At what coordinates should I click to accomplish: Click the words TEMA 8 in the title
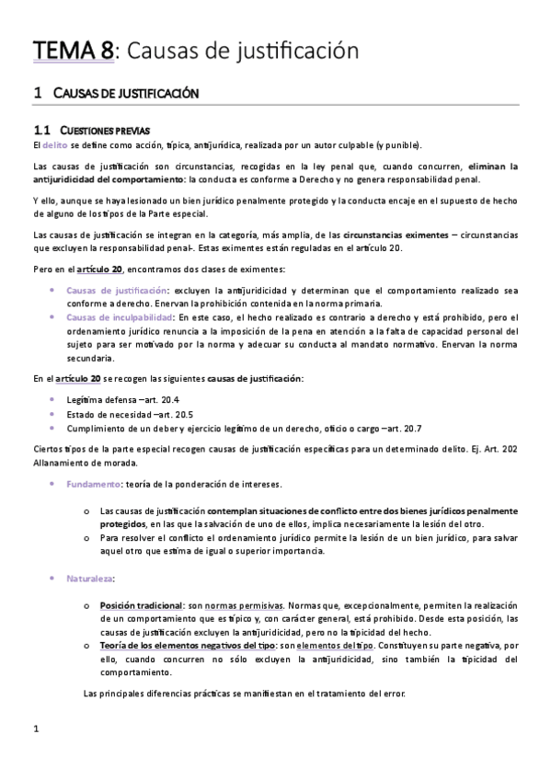click(74, 51)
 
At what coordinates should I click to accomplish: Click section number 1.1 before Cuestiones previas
click(42, 130)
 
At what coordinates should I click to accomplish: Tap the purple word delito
click(54, 144)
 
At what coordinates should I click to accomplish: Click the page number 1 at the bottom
click(35, 730)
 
